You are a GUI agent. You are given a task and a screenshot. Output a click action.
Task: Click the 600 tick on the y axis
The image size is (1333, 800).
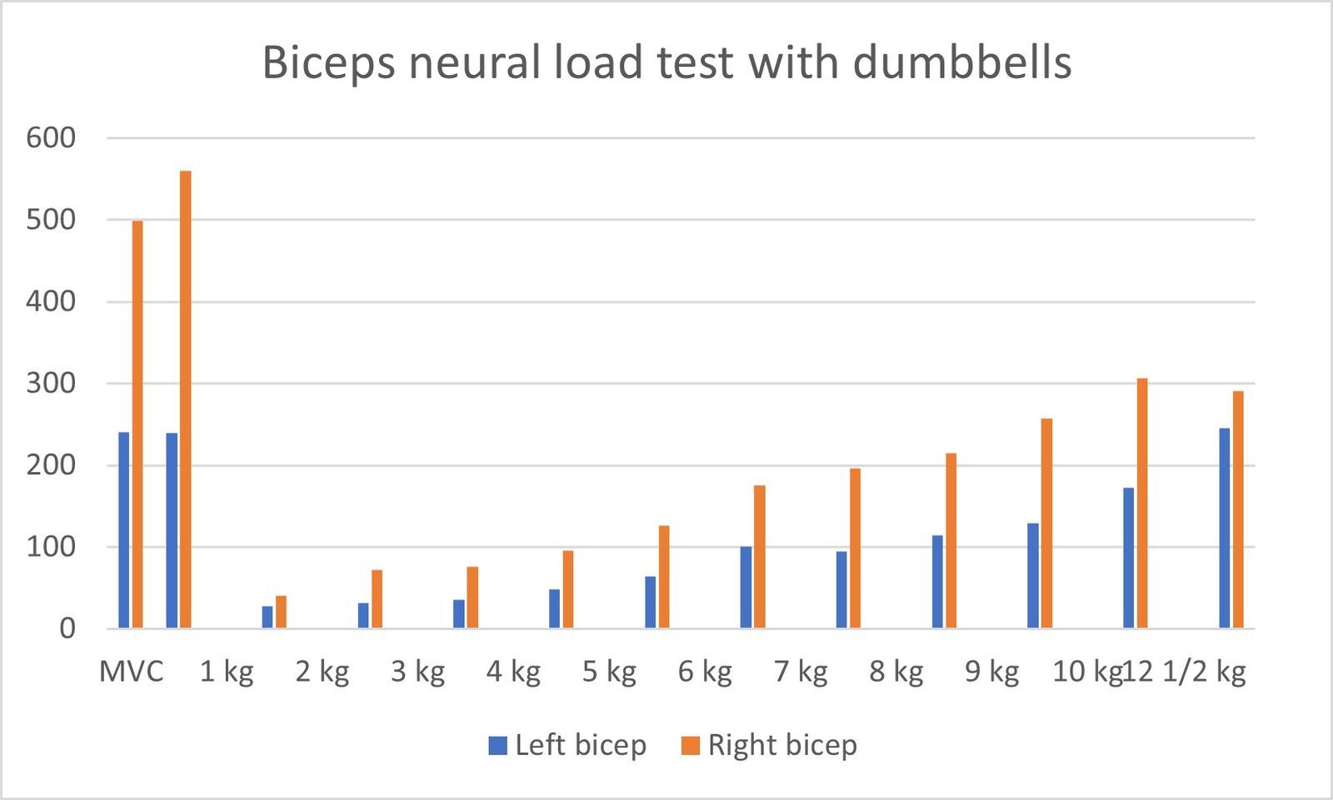(x=51, y=137)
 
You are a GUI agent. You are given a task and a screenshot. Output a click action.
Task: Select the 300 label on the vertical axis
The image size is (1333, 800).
(x=51, y=383)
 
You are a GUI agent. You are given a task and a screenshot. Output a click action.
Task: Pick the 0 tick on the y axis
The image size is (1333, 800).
(x=67, y=629)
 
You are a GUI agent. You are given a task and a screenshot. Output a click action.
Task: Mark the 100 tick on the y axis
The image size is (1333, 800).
(x=51, y=547)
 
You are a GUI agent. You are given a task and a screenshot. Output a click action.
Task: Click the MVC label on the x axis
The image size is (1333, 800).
(x=132, y=671)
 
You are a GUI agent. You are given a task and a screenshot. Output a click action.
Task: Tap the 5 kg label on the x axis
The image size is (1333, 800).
(x=609, y=671)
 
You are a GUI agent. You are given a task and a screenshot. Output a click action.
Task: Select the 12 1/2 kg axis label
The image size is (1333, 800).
(x=1184, y=671)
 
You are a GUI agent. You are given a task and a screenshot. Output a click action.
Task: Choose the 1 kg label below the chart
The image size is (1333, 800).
(x=227, y=671)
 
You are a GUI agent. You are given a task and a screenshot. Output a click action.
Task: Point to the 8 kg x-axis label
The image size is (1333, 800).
(x=896, y=671)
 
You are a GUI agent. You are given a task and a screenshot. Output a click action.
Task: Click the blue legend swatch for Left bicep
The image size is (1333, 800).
(x=497, y=745)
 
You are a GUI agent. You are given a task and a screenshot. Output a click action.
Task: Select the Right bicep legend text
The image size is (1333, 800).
(x=782, y=745)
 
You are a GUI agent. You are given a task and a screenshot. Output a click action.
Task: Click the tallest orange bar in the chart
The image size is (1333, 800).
(x=185, y=400)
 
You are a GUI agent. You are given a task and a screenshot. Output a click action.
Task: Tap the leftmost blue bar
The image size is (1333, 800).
(x=124, y=530)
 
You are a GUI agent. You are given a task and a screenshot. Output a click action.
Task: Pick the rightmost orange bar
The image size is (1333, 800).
(x=1238, y=509)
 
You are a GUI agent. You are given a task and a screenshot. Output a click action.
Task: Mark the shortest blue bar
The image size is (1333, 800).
(x=267, y=617)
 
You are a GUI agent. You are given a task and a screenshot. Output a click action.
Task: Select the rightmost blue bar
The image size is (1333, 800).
(x=1224, y=528)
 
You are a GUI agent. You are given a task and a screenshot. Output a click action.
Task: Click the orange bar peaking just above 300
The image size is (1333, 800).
(x=1142, y=503)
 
